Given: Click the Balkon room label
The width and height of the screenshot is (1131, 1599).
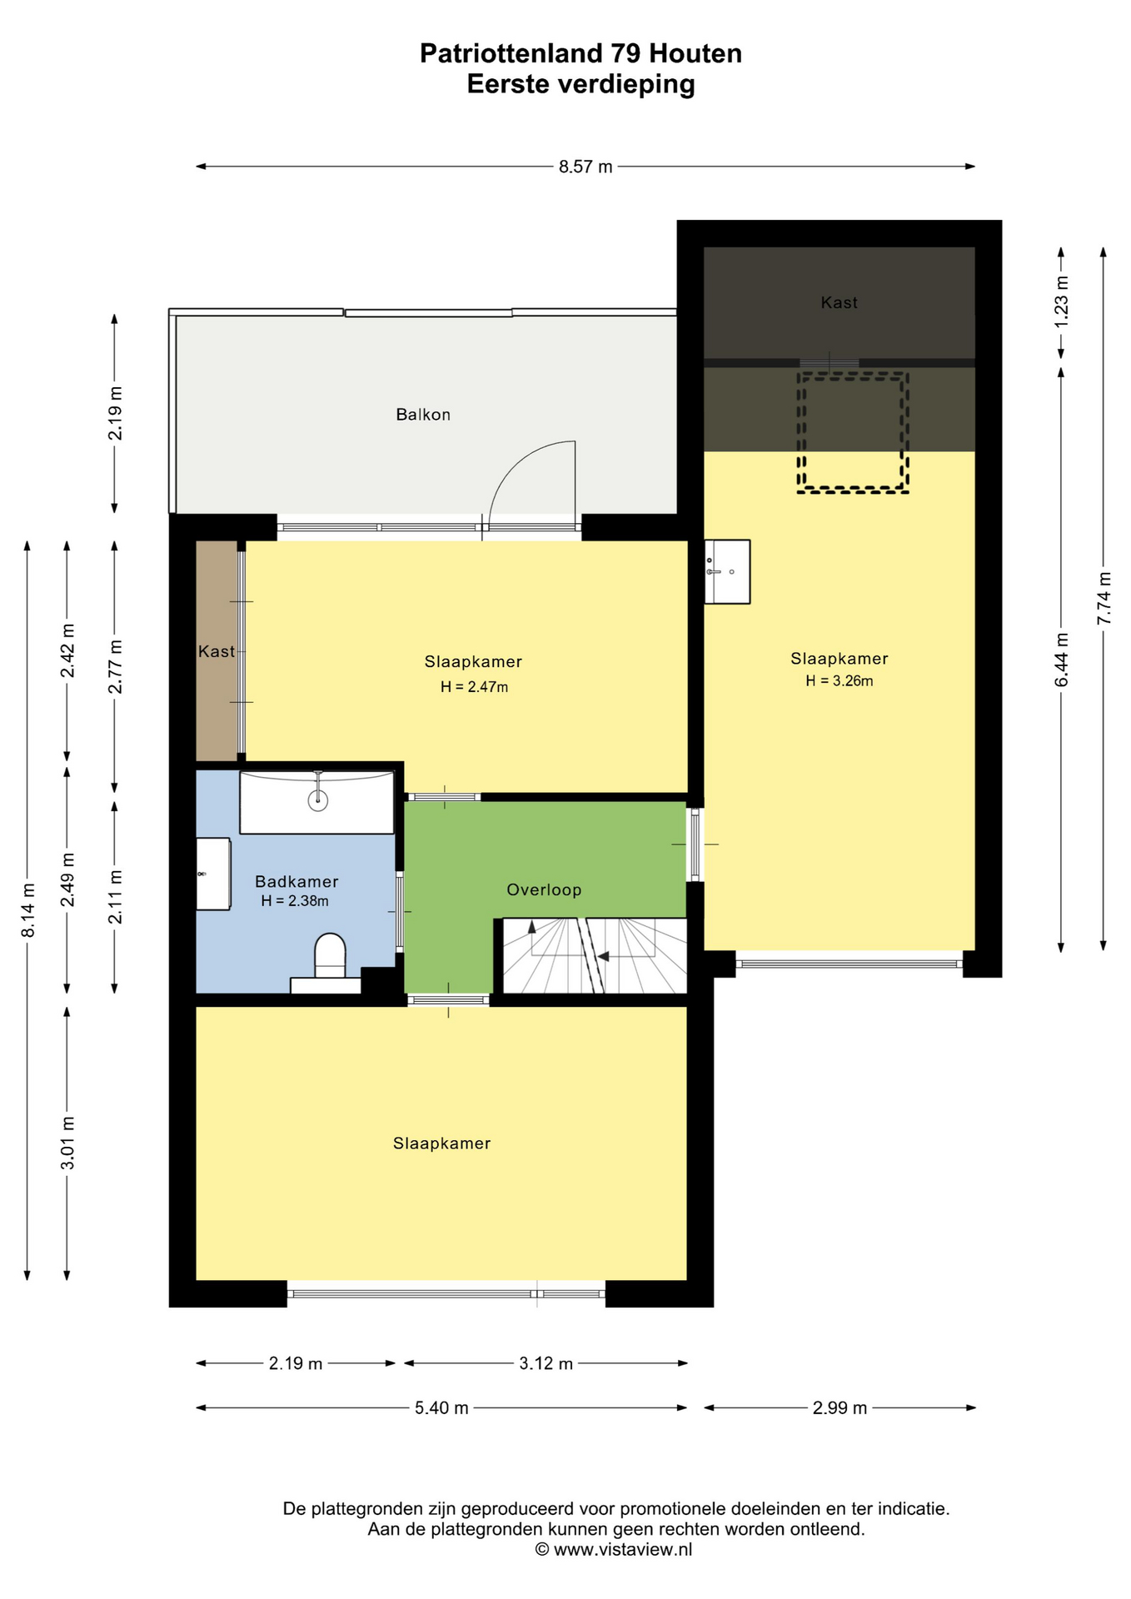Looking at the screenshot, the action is coord(423,415).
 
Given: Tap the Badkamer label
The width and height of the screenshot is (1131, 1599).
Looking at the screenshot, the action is coord(296,881).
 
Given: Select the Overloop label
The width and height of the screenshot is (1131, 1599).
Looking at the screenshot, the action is coord(544,889).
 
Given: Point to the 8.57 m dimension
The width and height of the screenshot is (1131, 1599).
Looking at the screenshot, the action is coord(585,167).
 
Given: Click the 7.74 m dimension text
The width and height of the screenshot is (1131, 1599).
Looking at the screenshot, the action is coord(1104,598).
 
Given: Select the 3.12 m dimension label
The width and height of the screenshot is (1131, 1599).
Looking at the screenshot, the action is coord(546,1363).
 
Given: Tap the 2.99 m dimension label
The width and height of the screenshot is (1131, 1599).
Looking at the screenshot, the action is coord(840,1407).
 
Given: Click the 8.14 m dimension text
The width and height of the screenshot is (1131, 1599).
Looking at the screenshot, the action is coord(27,910).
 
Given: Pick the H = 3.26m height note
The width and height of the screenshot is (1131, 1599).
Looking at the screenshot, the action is coord(840,681).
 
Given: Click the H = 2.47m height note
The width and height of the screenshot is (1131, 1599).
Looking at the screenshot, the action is coord(474,687).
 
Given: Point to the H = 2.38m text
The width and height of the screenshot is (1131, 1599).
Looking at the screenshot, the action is coord(295,901).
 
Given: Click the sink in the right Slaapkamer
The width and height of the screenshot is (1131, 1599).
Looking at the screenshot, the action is coord(727,571).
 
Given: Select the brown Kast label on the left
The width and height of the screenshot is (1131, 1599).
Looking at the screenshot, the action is coord(217,651).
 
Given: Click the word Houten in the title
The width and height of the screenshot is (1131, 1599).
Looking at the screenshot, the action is coord(695,53).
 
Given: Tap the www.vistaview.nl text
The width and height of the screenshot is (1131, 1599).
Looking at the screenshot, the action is coord(623,1549).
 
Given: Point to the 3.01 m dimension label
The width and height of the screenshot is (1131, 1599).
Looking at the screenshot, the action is coord(67,1143).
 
